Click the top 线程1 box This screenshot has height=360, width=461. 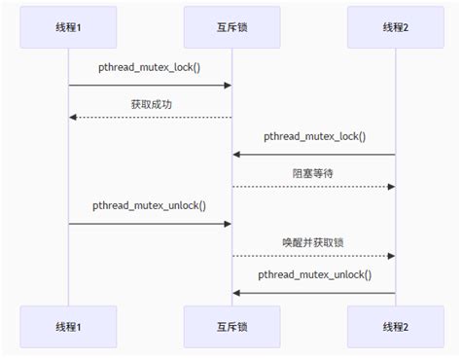[x=68, y=28]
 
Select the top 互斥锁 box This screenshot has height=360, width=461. [x=231, y=28]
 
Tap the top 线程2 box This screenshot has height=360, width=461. [x=395, y=28]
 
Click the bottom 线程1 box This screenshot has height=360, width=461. [x=68, y=326]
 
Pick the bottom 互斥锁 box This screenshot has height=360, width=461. [x=231, y=326]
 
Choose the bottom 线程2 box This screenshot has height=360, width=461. [x=395, y=326]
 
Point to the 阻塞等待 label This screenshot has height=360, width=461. [x=313, y=172]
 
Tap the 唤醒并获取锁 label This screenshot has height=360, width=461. [x=313, y=241]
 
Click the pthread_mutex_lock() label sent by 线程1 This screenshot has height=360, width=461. [x=150, y=68]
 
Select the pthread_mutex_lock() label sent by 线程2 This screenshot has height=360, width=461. [x=313, y=137]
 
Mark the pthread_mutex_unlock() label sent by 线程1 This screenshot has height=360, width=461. [x=150, y=206]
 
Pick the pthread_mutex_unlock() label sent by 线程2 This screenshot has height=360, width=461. [x=313, y=275]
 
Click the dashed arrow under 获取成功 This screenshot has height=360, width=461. [x=150, y=117]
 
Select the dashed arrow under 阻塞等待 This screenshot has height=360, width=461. [x=313, y=186]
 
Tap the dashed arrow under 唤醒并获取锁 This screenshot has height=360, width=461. [x=313, y=256]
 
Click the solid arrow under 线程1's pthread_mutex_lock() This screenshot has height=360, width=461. [x=150, y=86]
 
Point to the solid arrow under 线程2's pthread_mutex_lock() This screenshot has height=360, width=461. [x=313, y=154]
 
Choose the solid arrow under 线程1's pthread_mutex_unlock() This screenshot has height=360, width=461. [x=150, y=224]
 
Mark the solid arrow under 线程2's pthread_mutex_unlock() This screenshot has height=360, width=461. [x=313, y=292]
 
